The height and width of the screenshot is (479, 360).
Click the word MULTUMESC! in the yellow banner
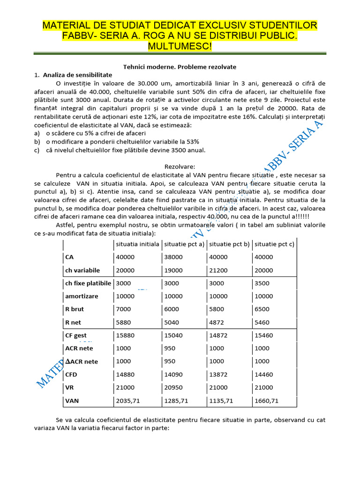coord(180,46)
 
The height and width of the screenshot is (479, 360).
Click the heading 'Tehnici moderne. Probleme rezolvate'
coord(180,67)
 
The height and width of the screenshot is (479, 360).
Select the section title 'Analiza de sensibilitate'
coord(77,75)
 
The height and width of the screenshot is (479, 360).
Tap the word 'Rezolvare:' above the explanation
coord(180,166)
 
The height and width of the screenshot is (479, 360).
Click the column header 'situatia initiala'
coord(137,244)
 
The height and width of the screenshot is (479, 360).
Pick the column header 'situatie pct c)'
coord(274,244)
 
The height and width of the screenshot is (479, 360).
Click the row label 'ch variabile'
coord(82,270)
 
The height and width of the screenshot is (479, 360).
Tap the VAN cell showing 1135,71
coord(221,400)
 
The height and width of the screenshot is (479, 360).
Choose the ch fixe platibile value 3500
coord(262,283)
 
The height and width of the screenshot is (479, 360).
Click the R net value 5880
coord(123,322)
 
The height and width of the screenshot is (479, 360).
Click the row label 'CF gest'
coord(76,335)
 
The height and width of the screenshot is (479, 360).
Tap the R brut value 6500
coord(262,309)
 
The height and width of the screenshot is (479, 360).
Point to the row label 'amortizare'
coord(82,297)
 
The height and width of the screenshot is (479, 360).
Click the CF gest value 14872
coord(219,335)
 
